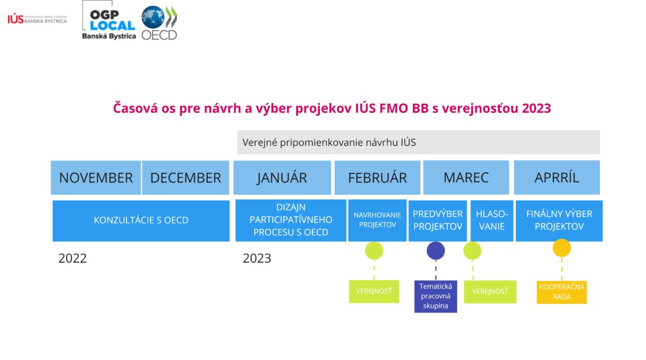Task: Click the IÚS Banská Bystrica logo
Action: [x=37, y=19]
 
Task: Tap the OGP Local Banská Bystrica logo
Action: [x=109, y=20]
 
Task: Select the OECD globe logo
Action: [x=159, y=23]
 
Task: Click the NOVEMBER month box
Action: [x=96, y=178]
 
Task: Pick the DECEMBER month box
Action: [x=186, y=178]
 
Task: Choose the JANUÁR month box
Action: [x=282, y=178]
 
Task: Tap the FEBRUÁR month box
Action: [x=377, y=178]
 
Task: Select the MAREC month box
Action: [x=466, y=178]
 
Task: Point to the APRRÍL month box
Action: [x=557, y=178]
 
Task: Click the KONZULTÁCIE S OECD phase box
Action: [x=141, y=221]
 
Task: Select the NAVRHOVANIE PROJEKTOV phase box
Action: [x=377, y=221]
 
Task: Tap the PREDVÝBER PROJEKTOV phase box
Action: [x=438, y=221]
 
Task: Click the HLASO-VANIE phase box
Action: [x=491, y=221]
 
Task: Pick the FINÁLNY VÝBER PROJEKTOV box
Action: [x=559, y=221]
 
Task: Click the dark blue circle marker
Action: [x=436, y=250]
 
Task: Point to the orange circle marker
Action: [x=561, y=248]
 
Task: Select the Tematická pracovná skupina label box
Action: [x=436, y=297]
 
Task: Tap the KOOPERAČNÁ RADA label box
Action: [x=561, y=292]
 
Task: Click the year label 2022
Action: [x=72, y=258]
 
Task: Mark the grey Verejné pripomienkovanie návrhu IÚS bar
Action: [x=418, y=143]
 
